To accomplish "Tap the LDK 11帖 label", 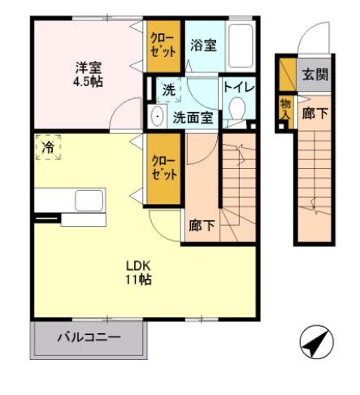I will pos(138,272).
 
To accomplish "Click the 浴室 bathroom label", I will pos(203,46).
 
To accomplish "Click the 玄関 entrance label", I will pos(315,75).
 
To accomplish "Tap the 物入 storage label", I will pos(285,109).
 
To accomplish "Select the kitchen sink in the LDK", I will pos(88,200).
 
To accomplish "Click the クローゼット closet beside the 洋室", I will pos(163,46).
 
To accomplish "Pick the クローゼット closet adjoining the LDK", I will pos(164,167).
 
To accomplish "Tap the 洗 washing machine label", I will pos(167,89).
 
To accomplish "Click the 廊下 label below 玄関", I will pos(315,115).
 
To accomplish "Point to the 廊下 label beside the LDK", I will pos(203,225).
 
